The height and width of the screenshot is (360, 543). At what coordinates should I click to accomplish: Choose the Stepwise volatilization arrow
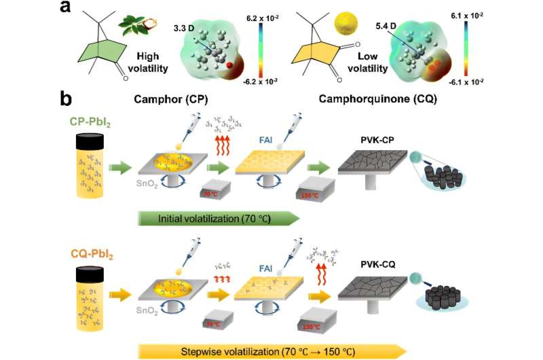(271, 352)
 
